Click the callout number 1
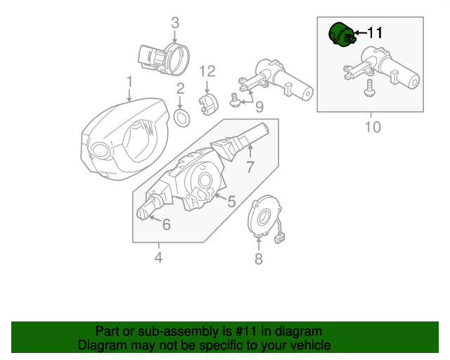click(x=129, y=82)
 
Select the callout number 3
click(x=176, y=23)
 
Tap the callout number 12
click(x=207, y=71)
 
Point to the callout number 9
click(x=259, y=107)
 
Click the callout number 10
click(x=372, y=127)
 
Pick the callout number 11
click(x=375, y=32)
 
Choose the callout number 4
click(x=158, y=258)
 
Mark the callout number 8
click(x=258, y=259)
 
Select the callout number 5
click(x=231, y=201)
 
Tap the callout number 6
click(x=166, y=225)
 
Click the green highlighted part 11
click(x=342, y=36)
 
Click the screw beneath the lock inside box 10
click(x=368, y=88)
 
